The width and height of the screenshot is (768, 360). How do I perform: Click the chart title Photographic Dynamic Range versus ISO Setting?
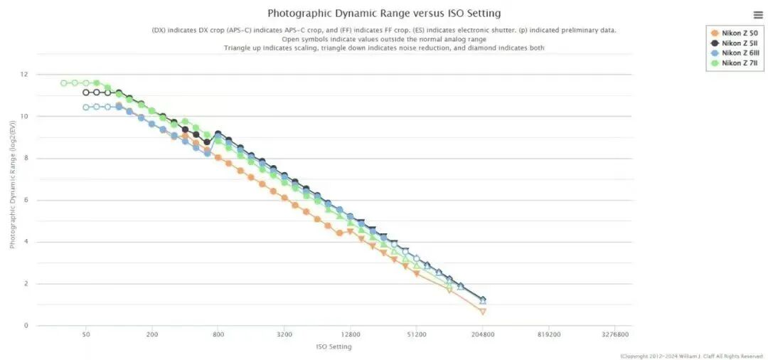(x=384, y=13)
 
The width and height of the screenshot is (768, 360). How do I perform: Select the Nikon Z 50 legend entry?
(x=735, y=33)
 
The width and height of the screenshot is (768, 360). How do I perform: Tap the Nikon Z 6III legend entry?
(x=736, y=53)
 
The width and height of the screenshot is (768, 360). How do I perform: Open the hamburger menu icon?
(x=758, y=15)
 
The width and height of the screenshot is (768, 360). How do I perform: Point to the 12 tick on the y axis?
(x=24, y=74)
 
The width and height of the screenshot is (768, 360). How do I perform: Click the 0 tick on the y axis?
(x=26, y=326)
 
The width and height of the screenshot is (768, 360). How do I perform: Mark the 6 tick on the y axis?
(x=26, y=200)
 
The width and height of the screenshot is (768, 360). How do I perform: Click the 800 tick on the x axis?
(x=218, y=334)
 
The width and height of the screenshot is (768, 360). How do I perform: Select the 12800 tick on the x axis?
(x=351, y=334)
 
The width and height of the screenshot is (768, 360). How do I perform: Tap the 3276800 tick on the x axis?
(x=615, y=334)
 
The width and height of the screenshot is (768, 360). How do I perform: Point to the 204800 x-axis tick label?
(x=483, y=334)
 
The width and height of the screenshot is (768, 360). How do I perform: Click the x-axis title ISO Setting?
(x=334, y=346)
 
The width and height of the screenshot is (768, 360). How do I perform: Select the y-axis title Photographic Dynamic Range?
(x=13, y=200)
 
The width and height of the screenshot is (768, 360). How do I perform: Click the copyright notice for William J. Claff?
(x=691, y=356)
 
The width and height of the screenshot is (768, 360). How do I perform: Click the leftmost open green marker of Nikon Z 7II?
(x=64, y=83)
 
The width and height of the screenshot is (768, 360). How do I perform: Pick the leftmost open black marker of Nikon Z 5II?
(x=86, y=92)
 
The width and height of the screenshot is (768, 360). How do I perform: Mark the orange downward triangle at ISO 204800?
(x=483, y=312)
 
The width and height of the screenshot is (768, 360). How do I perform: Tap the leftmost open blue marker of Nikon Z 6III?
(x=86, y=107)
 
